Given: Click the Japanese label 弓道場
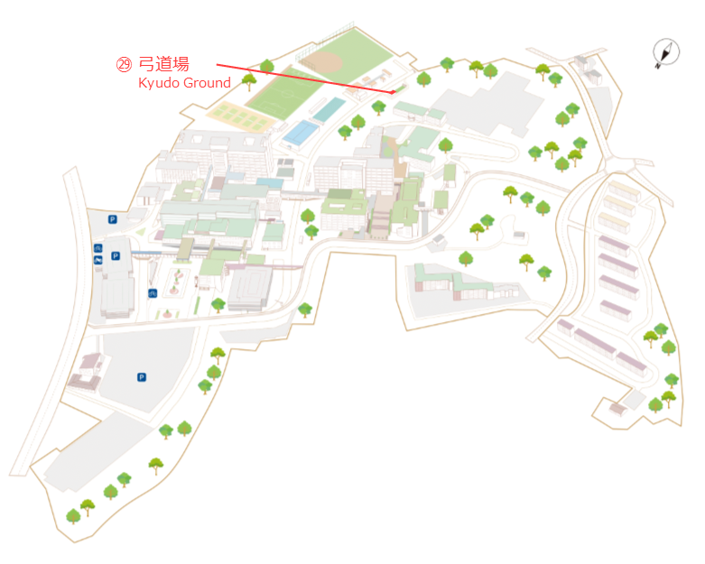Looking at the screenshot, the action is tap(163, 64).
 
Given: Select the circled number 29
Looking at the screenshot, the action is tap(124, 64).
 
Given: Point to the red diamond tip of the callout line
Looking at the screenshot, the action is tap(393, 92).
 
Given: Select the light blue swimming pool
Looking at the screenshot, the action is tap(301, 133).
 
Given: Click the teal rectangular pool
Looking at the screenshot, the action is tap(329, 110).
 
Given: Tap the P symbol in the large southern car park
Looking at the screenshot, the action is tap(142, 377).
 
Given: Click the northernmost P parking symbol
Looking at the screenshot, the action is tap(113, 219).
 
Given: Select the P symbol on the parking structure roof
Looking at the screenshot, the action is tap(116, 255).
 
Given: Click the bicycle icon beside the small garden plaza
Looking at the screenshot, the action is tap(153, 293).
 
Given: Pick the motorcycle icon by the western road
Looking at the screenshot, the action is tap(98, 260).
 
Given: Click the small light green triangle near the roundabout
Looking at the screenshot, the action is tap(141, 232).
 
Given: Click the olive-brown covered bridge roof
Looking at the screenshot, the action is tap(185, 249).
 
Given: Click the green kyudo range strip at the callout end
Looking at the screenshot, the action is tap(400, 88).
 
